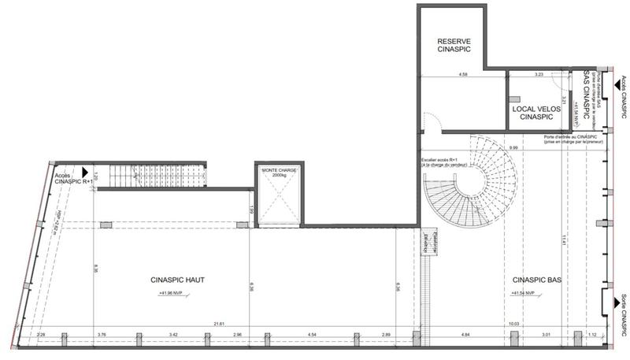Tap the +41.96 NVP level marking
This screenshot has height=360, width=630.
[174, 293]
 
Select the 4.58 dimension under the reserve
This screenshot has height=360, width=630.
[464, 75]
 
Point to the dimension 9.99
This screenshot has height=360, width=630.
[513, 148]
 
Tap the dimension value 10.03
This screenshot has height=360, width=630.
[513, 324]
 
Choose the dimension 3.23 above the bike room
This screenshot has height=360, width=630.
[539, 75]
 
